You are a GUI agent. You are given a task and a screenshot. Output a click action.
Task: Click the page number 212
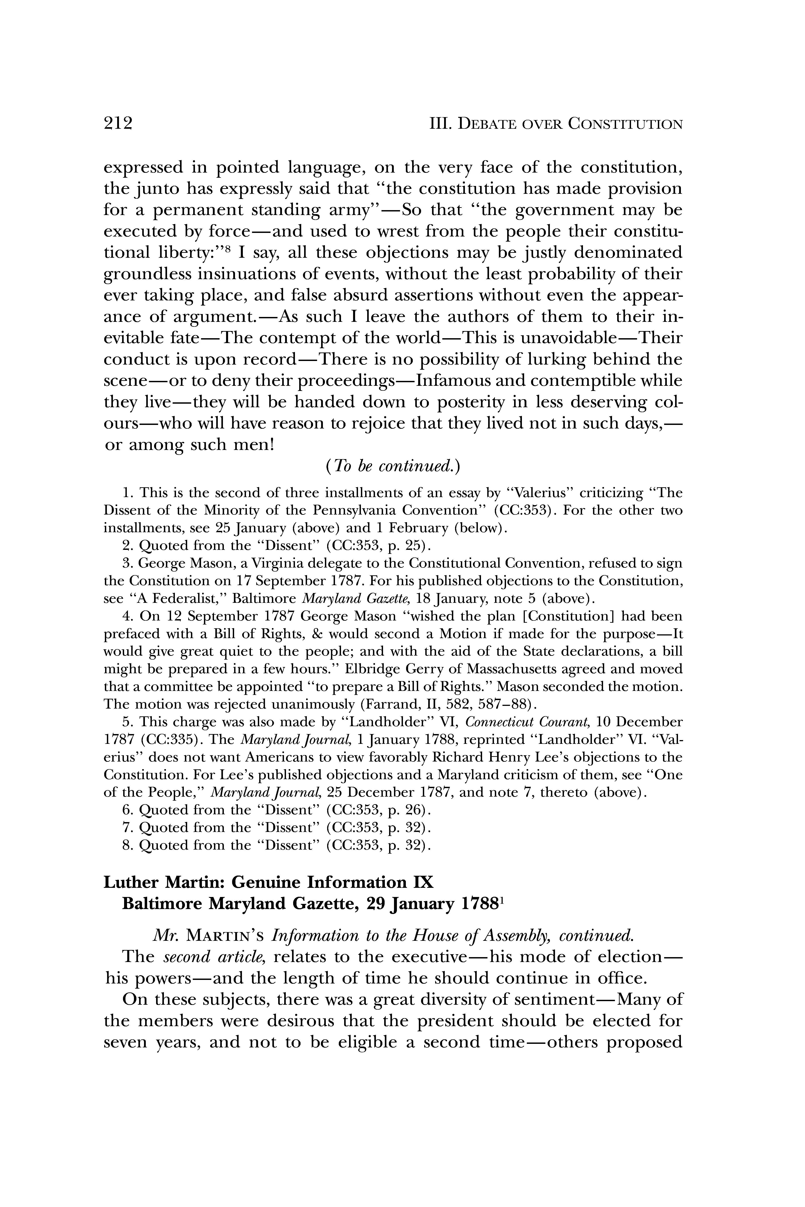pyautogui.click(x=118, y=124)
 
